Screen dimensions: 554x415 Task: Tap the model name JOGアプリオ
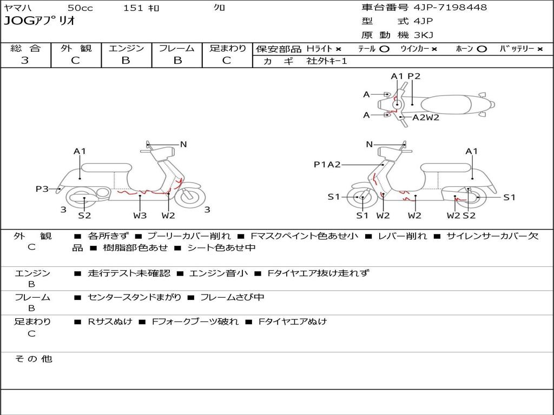pyautogui.click(x=39, y=21)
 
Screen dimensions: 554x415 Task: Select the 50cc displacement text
pyautogui.click(x=80, y=8)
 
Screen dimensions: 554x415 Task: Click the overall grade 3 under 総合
pyautogui.click(x=25, y=61)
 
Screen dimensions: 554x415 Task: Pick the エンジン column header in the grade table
pyautogui.click(x=126, y=48)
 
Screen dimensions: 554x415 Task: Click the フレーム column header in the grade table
pyautogui.click(x=177, y=48)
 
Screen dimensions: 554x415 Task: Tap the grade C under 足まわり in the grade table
pyautogui.click(x=227, y=61)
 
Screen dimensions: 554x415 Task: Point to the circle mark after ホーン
pyautogui.click(x=482, y=49)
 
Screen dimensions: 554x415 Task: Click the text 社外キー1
pyautogui.click(x=327, y=61)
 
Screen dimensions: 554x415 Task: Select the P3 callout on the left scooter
pyautogui.click(x=42, y=189)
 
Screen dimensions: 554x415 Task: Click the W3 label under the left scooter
pyautogui.click(x=140, y=216)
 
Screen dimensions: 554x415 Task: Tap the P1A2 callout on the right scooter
pyautogui.click(x=327, y=164)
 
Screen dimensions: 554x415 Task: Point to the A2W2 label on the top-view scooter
pyautogui.click(x=426, y=117)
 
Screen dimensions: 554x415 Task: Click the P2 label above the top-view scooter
pyautogui.click(x=414, y=76)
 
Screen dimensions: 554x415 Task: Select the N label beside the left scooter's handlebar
pyautogui.click(x=183, y=144)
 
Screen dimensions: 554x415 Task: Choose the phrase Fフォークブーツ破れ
pyautogui.click(x=195, y=322)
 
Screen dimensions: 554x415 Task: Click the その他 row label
pyautogui.click(x=34, y=359)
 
